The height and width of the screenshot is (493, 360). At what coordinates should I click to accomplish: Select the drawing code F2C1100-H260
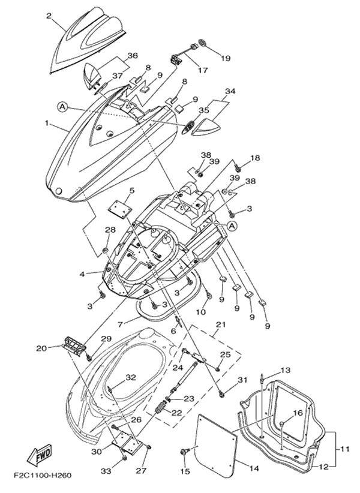[42, 475]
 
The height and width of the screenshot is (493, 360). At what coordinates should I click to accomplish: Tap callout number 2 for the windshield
[49, 16]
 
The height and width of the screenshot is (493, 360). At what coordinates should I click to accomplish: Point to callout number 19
[235, 58]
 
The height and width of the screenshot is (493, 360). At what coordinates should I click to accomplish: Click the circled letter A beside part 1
[62, 107]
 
